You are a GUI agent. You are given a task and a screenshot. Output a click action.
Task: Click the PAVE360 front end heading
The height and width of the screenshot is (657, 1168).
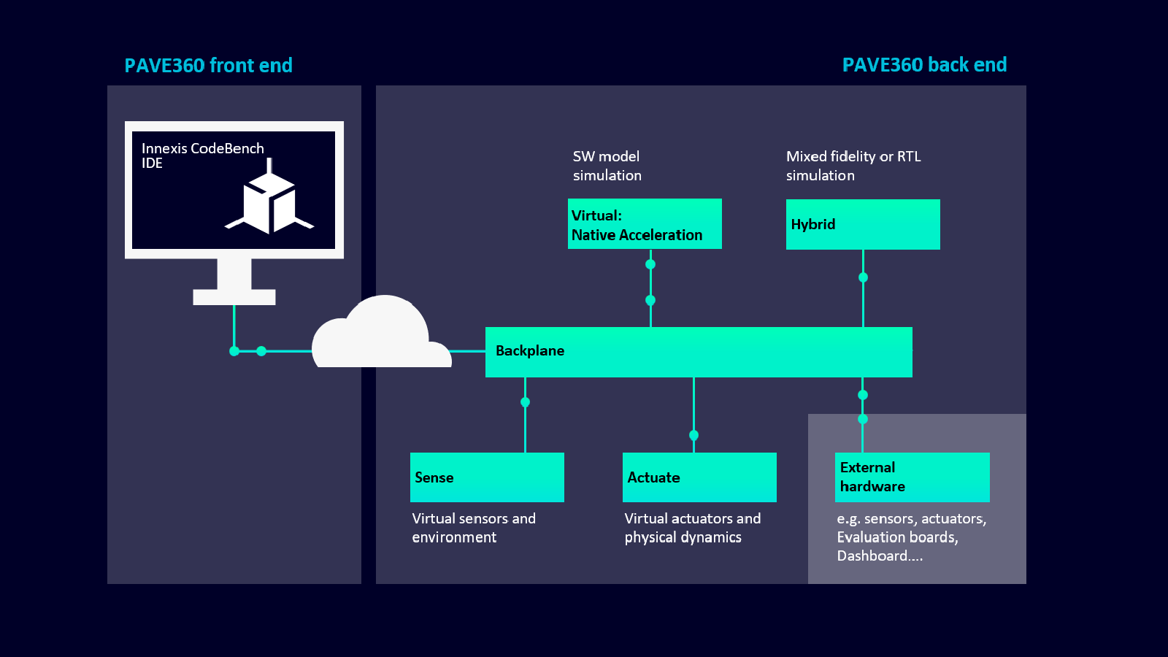(x=208, y=66)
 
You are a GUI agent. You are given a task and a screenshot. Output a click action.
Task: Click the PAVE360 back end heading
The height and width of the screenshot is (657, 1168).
(x=924, y=65)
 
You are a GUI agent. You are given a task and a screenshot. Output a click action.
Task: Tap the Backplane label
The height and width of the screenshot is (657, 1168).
(x=530, y=351)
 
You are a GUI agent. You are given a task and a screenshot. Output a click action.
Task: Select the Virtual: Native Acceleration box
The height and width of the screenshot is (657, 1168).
(x=645, y=224)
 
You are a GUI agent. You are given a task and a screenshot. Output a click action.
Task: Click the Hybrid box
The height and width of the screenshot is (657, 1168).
(x=863, y=225)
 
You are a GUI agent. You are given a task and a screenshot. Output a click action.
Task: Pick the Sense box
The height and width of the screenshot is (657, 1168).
(x=487, y=477)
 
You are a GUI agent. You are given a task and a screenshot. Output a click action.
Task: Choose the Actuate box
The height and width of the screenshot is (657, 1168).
(x=699, y=477)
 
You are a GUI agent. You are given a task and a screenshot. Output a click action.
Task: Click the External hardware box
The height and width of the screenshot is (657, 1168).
(x=912, y=477)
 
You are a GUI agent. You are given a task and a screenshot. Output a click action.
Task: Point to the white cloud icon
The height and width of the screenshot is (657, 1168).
(x=381, y=336)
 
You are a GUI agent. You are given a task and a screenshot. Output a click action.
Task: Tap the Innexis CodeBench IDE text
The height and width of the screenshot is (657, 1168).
(x=202, y=155)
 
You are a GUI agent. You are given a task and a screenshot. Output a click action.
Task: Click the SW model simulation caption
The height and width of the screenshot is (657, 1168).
(x=607, y=166)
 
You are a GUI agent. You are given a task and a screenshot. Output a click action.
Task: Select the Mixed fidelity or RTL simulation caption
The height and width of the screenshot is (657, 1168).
(x=853, y=166)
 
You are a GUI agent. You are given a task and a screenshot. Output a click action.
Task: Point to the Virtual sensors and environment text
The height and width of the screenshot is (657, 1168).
(x=473, y=528)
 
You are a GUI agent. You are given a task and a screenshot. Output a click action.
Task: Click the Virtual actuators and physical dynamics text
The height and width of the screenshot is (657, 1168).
(x=692, y=528)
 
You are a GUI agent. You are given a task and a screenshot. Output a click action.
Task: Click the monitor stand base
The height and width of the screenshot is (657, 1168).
(x=234, y=296)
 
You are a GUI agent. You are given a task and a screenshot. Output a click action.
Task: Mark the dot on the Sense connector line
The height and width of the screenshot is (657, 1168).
(x=525, y=402)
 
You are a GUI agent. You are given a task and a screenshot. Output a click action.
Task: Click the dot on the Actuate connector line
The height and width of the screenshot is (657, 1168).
(x=693, y=435)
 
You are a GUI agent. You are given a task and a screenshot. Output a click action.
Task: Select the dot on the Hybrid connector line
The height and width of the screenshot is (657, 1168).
(x=863, y=277)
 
